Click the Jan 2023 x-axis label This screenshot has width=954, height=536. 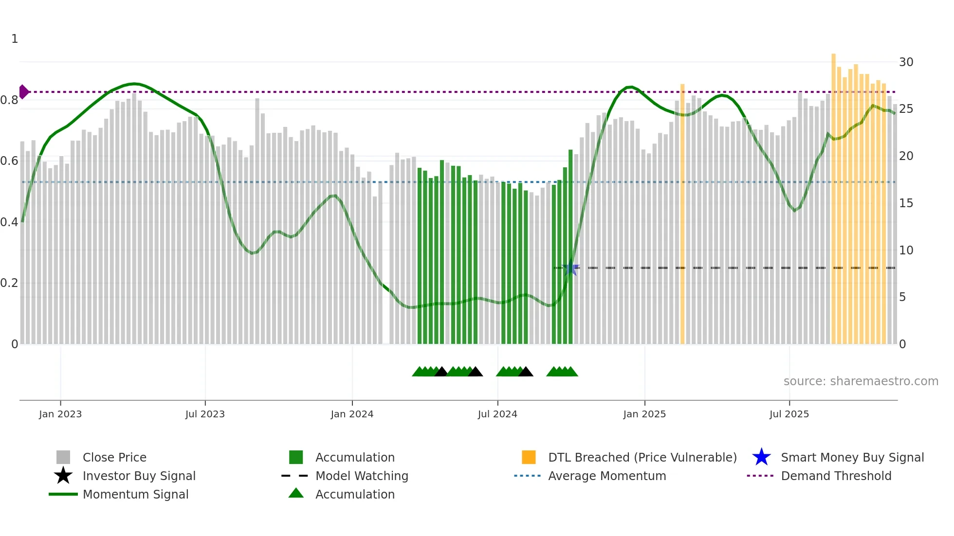click(60, 414)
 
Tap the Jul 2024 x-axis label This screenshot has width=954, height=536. click(497, 414)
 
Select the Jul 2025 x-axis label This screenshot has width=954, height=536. click(789, 414)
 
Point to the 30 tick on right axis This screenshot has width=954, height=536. click(906, 62)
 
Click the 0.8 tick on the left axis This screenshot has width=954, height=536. click(9, 100)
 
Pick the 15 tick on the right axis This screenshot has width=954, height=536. click(906, 203)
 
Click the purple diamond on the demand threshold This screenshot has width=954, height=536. click(24, 91)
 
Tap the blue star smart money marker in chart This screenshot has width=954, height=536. click(570, 268)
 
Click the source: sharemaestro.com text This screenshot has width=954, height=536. click(861, 381)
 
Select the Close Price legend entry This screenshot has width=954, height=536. click(114, 457)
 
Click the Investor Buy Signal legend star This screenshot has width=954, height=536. click(63, 476)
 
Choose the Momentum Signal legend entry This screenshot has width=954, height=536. click(135, 494)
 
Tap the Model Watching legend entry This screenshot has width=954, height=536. click(362, 476)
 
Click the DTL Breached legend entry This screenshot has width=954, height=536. click(642, 457)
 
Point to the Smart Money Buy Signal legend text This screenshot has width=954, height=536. click(852, 457)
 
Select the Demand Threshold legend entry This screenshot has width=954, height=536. click(836, 476)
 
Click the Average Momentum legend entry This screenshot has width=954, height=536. click(607, 476)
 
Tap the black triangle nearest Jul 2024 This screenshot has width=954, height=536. click(526, 372)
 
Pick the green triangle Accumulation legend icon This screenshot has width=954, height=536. click(296, 493)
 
